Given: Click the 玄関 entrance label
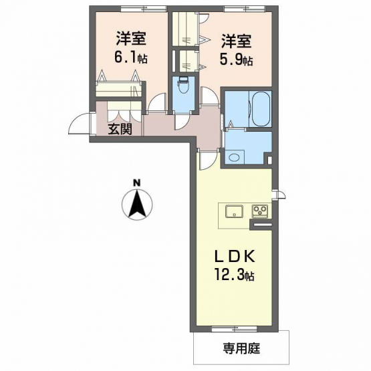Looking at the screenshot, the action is [x=120, y=130].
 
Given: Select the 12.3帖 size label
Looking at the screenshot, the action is [x=234, y=275].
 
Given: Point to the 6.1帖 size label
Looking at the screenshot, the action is [x=131, y=57].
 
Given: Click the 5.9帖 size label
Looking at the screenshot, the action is [x=237, y=60].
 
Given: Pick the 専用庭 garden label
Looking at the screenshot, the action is [x=241, y=348].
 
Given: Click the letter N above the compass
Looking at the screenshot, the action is [x=136, y=182].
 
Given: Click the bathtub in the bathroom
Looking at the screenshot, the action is [x=260, y=108].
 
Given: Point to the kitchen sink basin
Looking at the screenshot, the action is [x=234, y=211].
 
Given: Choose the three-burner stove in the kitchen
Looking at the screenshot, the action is [x=260, y=211].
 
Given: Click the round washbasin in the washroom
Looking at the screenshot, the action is [x=234, y=158].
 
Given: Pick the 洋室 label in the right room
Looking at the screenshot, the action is [x=237, y=41].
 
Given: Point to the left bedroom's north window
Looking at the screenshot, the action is [x=144, y=9].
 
